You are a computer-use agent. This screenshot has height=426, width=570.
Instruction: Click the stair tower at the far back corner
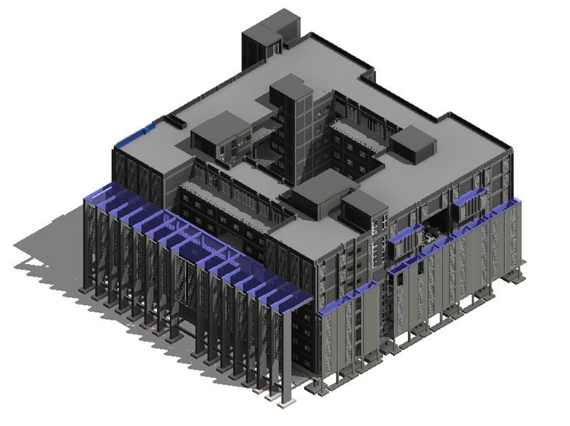pos(263,42)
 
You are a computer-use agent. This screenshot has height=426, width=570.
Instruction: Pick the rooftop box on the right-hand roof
pos(414,144)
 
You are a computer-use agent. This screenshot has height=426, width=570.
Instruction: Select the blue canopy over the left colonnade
pos(198,241)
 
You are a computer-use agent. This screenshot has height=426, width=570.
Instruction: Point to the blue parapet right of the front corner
pos(347,297)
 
